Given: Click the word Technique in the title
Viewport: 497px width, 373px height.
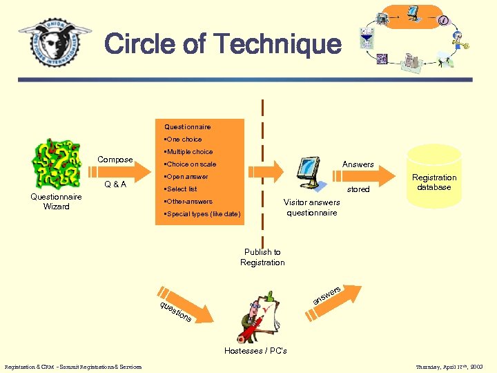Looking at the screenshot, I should click(277, 44).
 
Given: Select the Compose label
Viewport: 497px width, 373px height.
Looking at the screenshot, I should click(115, 160).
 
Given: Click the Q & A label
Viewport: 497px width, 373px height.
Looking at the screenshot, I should click(115, 184).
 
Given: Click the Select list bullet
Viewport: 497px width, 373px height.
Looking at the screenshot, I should click(181, 189).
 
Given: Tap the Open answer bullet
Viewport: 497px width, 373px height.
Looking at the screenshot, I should click(186, 177).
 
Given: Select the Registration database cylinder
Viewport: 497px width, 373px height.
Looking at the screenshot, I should click(434, 176).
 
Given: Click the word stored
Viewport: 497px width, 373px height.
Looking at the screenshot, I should click(358, 189).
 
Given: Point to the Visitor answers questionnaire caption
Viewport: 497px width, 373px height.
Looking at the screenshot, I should click(312, 207).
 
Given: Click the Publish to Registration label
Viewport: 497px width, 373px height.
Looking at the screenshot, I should click(262, 257).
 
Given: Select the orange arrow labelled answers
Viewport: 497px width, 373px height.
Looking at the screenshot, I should click(335, 294).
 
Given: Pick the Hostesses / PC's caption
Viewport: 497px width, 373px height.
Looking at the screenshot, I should click(255, 351).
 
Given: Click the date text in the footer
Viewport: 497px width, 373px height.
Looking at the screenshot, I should click(449, 367).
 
